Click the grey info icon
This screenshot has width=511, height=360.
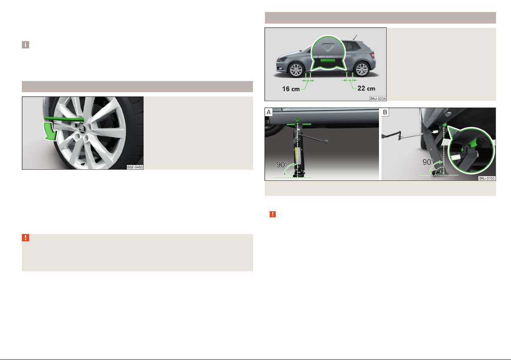point(25,45)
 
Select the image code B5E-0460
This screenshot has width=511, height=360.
point(135,167)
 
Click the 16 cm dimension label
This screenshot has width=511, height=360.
point(291,89)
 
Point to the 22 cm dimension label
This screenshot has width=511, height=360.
point(366,88)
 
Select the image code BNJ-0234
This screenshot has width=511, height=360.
point(378,99)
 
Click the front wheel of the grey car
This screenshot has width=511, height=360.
point(296,70)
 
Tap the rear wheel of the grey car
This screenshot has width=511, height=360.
point(362,69)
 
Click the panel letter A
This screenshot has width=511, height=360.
point(269,112)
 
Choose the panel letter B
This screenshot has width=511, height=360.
point(385,112)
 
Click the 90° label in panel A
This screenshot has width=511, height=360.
point(282,165)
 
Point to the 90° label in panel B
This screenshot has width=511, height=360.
point(428,162)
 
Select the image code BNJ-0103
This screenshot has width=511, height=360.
point(487,178)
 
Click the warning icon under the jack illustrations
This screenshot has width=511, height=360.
point(273,214)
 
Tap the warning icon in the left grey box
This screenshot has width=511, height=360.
point(25,237)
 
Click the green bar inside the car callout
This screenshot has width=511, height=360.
point(328,60)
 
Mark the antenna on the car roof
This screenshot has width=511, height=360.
point(355,37)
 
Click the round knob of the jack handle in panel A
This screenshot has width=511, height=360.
point(326,141)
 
